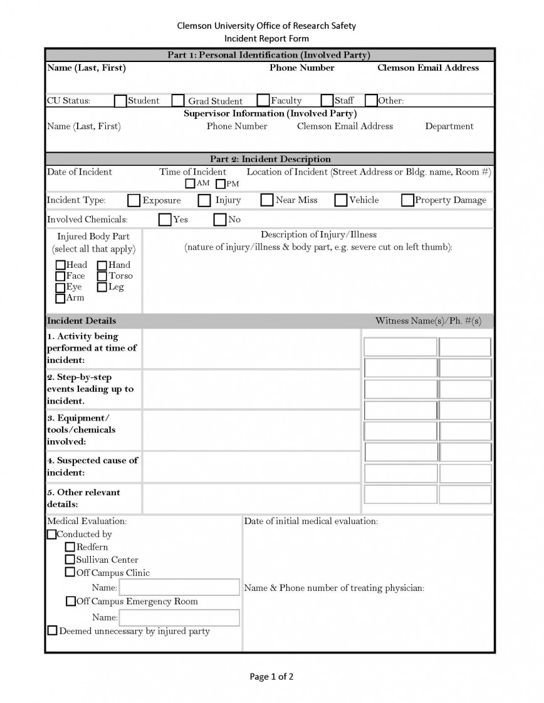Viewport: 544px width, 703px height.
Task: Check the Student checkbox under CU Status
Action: coord(120,101)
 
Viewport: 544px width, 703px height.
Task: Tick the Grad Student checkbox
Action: coord(178,101)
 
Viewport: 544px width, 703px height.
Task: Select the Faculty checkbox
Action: coord(263,101)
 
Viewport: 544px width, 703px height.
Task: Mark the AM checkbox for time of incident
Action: coord(190,184)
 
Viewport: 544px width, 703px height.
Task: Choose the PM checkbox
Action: coord(221,184)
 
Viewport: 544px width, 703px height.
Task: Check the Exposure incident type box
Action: coord(133,200)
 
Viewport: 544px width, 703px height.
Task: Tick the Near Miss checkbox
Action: coord(267,200)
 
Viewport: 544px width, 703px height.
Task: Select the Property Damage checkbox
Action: coord(407,200)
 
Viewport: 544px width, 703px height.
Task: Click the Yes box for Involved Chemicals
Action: coord(165,220)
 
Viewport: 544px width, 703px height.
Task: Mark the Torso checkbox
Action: coord(102,276)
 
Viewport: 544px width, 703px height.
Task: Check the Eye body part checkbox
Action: coord(60,287)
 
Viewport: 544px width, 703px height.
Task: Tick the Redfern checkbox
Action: coord(70,547)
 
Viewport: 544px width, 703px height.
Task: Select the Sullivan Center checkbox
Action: coord(70,560)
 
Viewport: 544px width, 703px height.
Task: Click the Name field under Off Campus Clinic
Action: coord(179,587)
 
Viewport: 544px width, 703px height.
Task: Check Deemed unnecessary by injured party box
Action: coord(53,631)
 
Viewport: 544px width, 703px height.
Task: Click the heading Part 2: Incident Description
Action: coord(270,159)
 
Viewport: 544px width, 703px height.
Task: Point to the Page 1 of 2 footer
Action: coord(271,676)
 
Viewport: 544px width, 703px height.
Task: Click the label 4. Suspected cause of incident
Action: coord(92,466)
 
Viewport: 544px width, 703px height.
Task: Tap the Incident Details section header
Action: coord(81,321)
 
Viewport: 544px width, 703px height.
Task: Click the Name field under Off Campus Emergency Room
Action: coord(179,618)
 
